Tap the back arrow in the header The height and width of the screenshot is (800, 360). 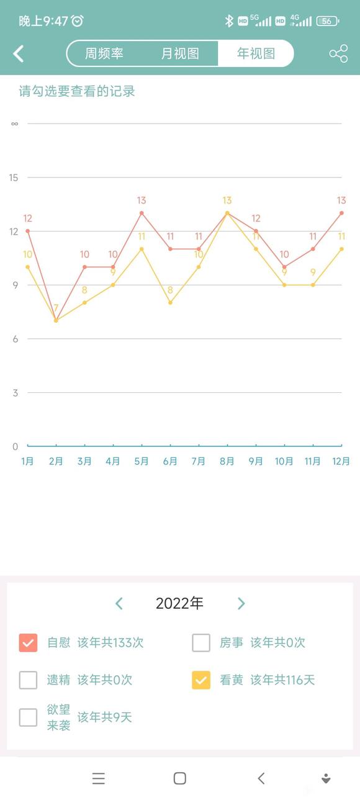coord(19,54)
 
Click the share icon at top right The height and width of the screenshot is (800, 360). coord(338,54)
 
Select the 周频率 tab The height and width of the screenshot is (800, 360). coord(104,53)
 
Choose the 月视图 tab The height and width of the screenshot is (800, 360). coord(180,53)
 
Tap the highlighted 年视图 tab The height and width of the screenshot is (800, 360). coord(256,53)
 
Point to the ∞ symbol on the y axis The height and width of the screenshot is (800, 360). coord(14,124)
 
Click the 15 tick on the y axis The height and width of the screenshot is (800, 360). coord(14,178)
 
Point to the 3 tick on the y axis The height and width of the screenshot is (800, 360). coord(15,393)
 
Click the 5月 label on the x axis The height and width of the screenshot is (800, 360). coord(142,461)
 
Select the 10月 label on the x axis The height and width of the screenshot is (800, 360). coord(284,461)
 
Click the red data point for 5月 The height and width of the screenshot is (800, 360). coord(142,213)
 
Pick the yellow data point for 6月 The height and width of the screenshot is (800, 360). coord(170,303)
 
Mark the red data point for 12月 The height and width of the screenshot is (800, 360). coord(341,213)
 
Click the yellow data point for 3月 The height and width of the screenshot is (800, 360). coord(84,303)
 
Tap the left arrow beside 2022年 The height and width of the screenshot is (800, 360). coord(119,603)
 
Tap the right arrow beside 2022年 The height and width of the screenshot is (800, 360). coord(241,603)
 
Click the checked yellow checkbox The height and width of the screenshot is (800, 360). coord(201,680)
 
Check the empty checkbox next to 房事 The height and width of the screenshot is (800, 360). coord(201,643)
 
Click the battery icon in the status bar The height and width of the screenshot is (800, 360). coord(327,21)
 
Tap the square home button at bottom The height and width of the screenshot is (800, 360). coord(180,778)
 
